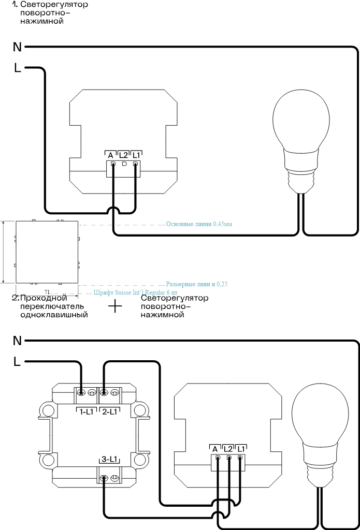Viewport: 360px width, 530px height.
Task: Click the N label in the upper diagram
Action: coord(17,48)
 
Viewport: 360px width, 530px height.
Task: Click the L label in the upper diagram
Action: coord(18,68)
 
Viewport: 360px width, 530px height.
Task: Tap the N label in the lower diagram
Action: coord(17,341)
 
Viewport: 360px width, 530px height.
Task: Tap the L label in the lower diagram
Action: coord(18,362)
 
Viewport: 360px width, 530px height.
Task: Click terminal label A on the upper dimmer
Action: coord(110,155)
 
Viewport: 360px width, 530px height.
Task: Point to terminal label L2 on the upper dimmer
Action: coord(123,155)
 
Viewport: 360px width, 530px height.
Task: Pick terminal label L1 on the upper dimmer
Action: coord(136,155)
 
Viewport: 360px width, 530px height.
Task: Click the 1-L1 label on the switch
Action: coord(87,411)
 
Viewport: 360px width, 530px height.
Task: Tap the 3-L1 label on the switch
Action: coord(109,460)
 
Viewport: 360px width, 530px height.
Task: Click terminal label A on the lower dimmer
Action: coord(214,448)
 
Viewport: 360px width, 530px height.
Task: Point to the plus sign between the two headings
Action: coord(114,306)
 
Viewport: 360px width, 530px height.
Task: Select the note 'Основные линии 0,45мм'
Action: coord(199,225)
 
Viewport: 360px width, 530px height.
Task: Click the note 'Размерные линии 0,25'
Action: coord(197,284)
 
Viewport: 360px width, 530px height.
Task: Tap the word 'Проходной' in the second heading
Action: coord(44,299)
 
